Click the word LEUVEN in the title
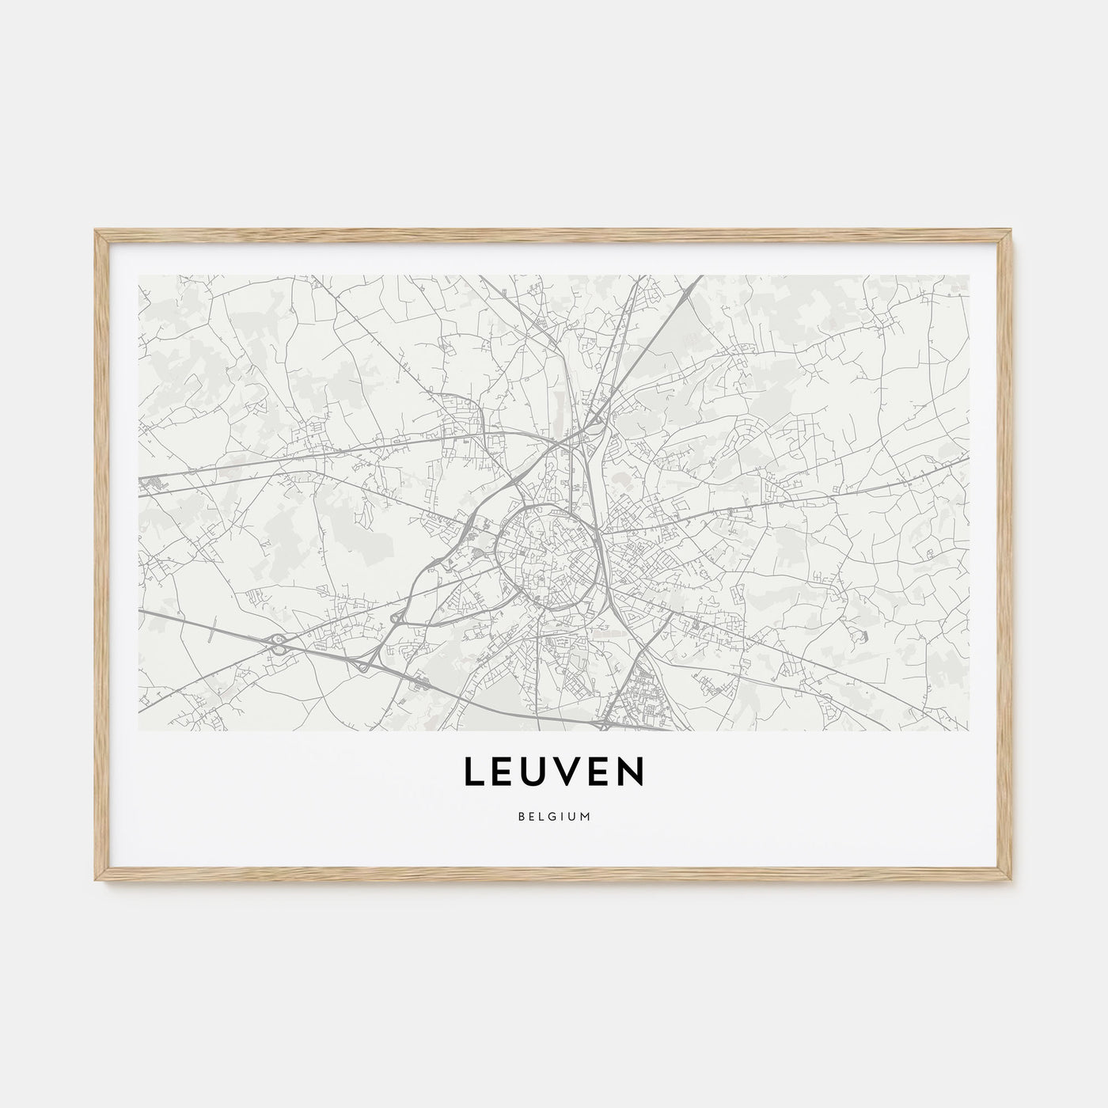point(554,773)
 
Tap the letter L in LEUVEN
point(473,773)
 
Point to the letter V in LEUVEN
point(568,773)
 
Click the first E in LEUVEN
point(503,773)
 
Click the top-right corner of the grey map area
point(969,275)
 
